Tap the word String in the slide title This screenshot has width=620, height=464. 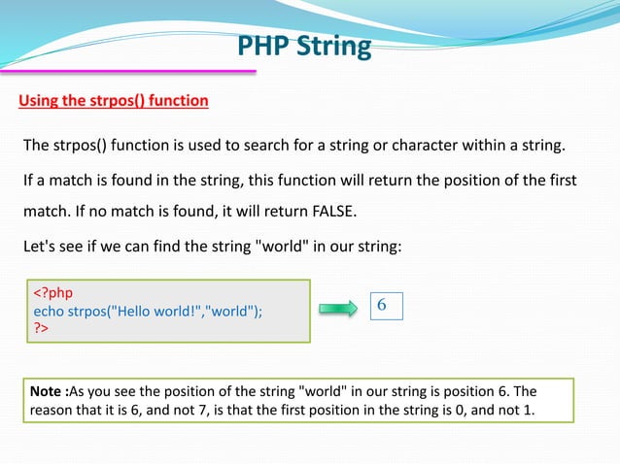click(x=334, y=46)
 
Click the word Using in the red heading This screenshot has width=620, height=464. click(x=41, y=100)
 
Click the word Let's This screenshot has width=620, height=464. click(x=40, y=245)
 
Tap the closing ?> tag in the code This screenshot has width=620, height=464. click(x=42, y=328)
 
